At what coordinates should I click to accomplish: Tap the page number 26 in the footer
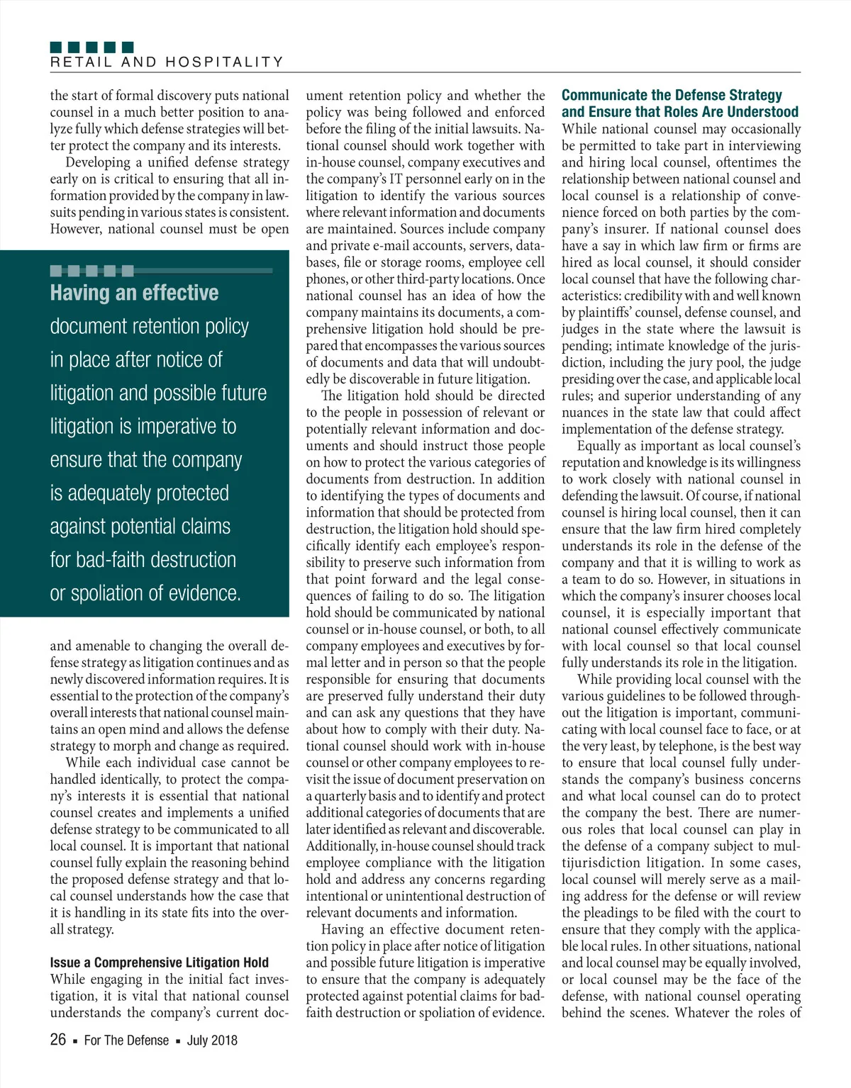tap(58, 1040)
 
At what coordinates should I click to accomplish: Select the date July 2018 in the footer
tap(212, 1041)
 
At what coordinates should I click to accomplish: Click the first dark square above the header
tap(56, 47)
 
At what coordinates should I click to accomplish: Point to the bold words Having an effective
tap(134, 293)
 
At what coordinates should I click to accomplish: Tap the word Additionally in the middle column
tap(341, 846)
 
